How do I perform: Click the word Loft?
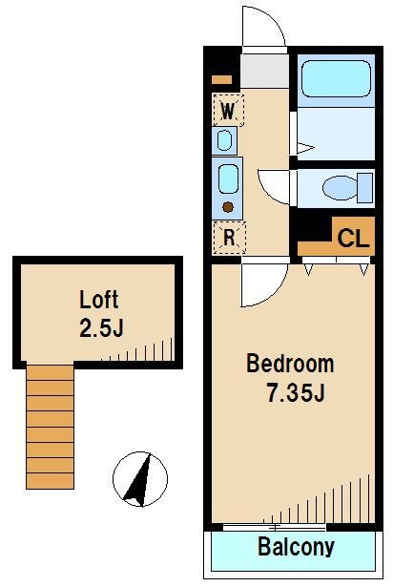pos(99,300)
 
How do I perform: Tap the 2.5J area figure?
pos(101,328)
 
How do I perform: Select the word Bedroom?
pos(290,364)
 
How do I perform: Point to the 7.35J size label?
pos(296,392)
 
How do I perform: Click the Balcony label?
pos(296,547)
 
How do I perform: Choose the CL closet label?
pos(353,238)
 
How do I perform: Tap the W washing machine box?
pos(228,111)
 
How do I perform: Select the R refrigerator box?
pos(229,238)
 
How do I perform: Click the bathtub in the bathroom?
pos(336,79)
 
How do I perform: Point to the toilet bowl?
pos(340,188)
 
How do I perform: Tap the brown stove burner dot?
pos(228,207)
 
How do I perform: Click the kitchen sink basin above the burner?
pos(228,179)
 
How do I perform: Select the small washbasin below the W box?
pos(224,140)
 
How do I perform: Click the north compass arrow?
pos(139,480)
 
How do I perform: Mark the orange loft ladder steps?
pos(50,427)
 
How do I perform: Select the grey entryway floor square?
pos(264,72)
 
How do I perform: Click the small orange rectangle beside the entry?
pos(221,80)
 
